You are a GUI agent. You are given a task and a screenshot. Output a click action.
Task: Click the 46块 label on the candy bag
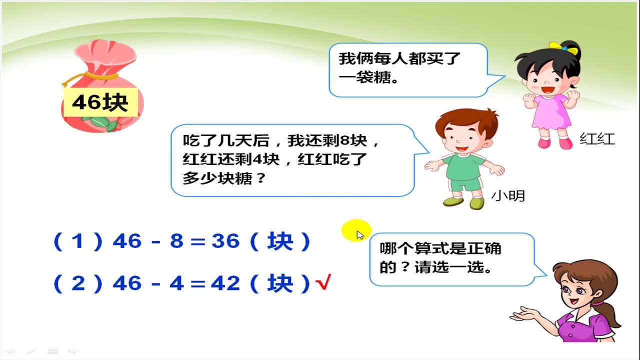click(100, 102)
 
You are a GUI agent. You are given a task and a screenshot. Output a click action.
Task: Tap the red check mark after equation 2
click(323, 283)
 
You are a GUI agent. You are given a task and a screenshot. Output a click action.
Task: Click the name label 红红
click(597, 138)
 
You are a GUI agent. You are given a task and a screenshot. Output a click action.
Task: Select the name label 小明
click(508, 195)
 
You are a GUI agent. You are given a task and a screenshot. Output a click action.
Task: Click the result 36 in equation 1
click(225, 241)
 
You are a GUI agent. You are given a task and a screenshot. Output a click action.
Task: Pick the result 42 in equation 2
click(225, 283)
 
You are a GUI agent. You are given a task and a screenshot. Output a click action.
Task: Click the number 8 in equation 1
click(176, 241)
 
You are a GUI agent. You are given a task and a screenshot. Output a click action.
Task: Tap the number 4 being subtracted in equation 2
click(176, 283)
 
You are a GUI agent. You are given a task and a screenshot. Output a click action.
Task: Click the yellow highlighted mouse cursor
click(356, 231)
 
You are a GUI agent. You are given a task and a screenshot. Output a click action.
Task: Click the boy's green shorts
click(465, 183)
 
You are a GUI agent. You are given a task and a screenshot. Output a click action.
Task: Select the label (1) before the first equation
click(77, 241)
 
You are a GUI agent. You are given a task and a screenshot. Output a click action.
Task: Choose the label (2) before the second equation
click(77, 283)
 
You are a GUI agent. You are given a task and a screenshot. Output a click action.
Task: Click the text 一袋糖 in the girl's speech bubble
click(363, 78)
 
